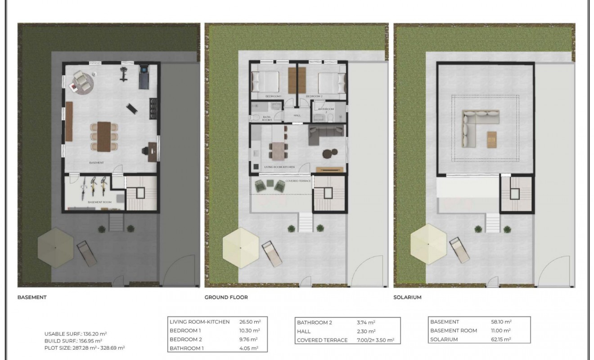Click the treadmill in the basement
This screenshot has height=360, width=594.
tap(144, 76)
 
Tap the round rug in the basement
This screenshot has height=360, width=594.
tap(81, 83)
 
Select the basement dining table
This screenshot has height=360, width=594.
tap(103, 136)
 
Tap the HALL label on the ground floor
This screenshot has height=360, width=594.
tap(297, 116)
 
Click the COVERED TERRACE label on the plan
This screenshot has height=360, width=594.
tap(298, 180)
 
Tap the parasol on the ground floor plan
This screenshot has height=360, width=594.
tap(241, 247)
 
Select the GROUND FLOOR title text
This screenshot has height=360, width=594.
tap(226, 297)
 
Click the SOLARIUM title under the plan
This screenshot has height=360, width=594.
tap(407, 297)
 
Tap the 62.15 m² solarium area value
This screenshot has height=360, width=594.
tap(501, 339)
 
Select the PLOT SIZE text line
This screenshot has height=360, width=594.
tap(85, 348)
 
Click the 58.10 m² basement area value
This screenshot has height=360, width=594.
tap(501, 322)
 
